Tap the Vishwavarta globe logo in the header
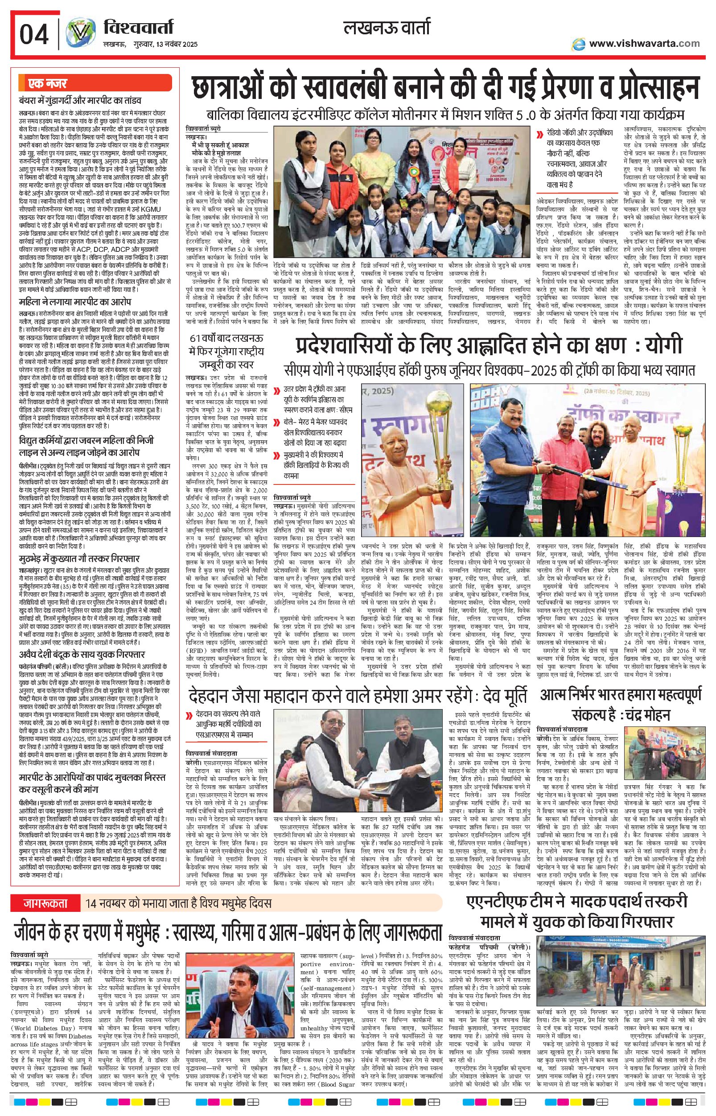click(80, 34)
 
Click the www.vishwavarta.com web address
click(643, 43)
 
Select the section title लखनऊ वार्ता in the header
click(386, 28)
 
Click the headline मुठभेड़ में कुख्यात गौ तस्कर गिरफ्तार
click(79, 558)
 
